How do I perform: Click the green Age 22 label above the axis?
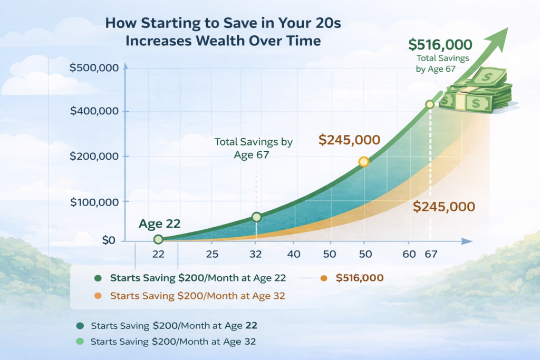[159, 224]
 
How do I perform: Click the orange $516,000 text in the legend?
[359, 278]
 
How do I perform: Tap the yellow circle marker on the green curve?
[363, 162]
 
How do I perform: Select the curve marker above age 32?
[256, 217]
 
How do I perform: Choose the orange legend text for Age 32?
[197, 296]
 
